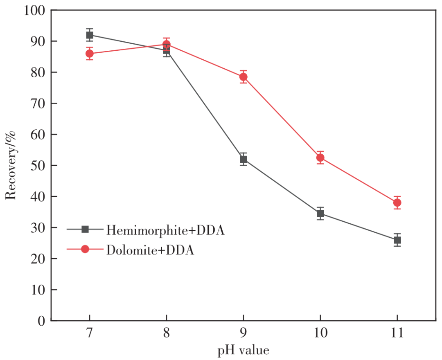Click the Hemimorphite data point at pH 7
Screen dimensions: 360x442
pos(90,35)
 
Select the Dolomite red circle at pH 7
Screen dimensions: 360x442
pos(90,54)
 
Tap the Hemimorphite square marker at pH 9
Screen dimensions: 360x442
pos(244,159)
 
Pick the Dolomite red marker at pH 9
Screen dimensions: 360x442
pos(244,77)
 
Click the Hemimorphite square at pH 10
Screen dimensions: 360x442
pos(320,214)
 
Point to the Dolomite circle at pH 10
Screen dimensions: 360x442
pos(320,157)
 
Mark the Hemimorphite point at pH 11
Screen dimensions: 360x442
pos(397,240)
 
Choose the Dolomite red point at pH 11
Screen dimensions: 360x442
pos(397,202)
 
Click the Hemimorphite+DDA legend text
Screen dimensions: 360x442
pos(165,230)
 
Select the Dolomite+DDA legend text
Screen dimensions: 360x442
pos(150,250)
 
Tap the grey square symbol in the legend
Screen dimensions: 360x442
pos(85,229)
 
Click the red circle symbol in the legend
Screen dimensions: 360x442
pos(85,249)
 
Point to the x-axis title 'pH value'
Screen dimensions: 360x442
pos(244,350)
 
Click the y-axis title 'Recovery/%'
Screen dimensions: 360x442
pos(11,165)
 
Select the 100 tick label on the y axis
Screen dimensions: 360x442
pos(34,10)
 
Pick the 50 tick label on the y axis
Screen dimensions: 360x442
pos(37,165)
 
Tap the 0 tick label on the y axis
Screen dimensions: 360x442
pos(41,321)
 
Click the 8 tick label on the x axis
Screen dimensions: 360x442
pos(167,333)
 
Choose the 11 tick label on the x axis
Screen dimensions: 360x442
pos(397,333)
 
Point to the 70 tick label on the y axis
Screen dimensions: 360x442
pos(37,103)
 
